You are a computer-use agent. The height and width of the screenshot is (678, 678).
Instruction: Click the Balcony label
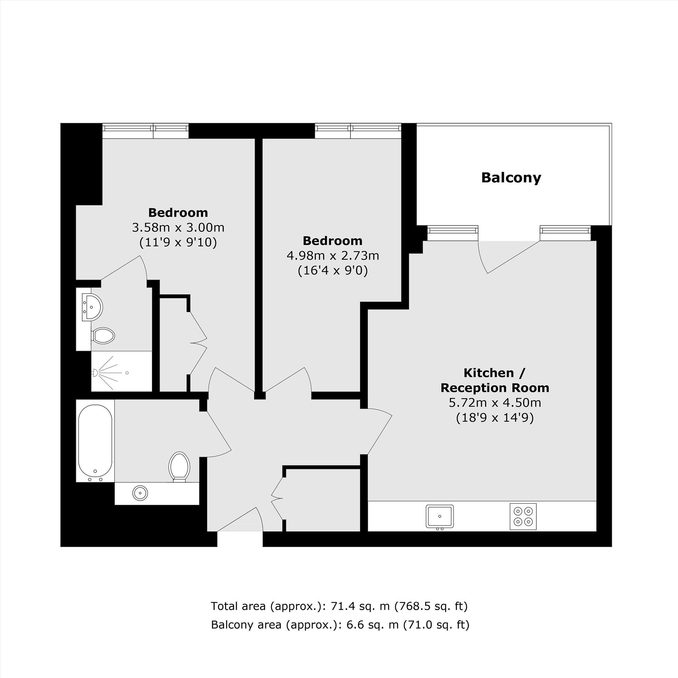511,178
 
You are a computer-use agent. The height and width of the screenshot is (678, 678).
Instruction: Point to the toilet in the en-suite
103,336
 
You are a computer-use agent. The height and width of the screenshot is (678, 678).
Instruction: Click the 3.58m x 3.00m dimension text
178,228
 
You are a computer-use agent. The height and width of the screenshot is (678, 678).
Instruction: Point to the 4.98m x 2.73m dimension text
333,256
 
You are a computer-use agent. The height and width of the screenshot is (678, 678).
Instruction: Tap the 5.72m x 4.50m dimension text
495,402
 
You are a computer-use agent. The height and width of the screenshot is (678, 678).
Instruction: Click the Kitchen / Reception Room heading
495,380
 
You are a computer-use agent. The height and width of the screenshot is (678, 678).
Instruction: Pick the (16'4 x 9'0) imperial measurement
333,271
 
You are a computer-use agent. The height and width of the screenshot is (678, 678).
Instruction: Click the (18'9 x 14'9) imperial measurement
495,418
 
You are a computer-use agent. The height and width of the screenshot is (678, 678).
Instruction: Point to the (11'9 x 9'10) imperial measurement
178,242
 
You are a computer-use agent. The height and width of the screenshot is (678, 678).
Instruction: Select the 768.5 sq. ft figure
432,606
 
